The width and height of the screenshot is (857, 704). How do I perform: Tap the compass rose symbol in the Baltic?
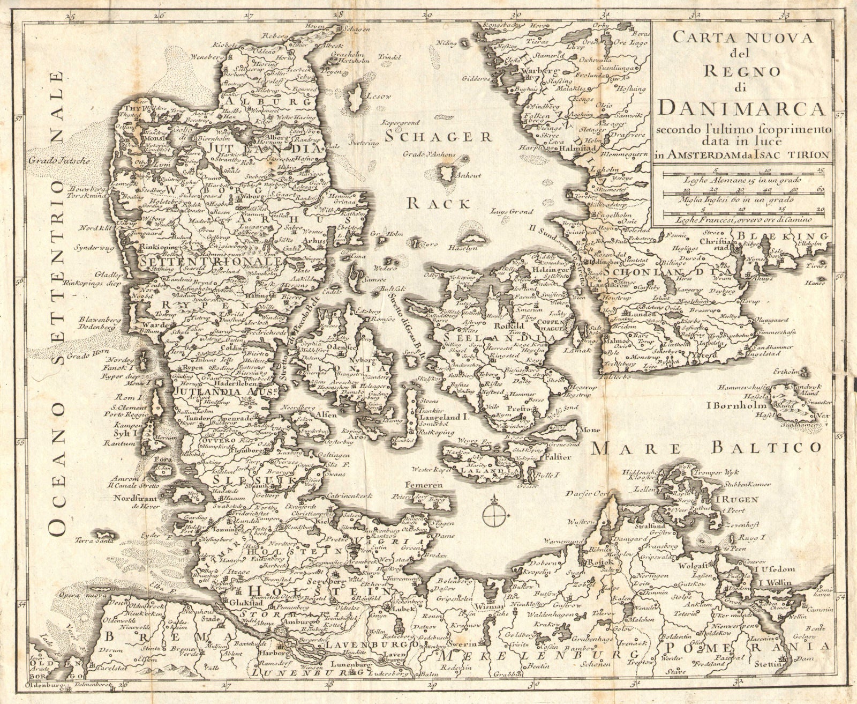[493, 516]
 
